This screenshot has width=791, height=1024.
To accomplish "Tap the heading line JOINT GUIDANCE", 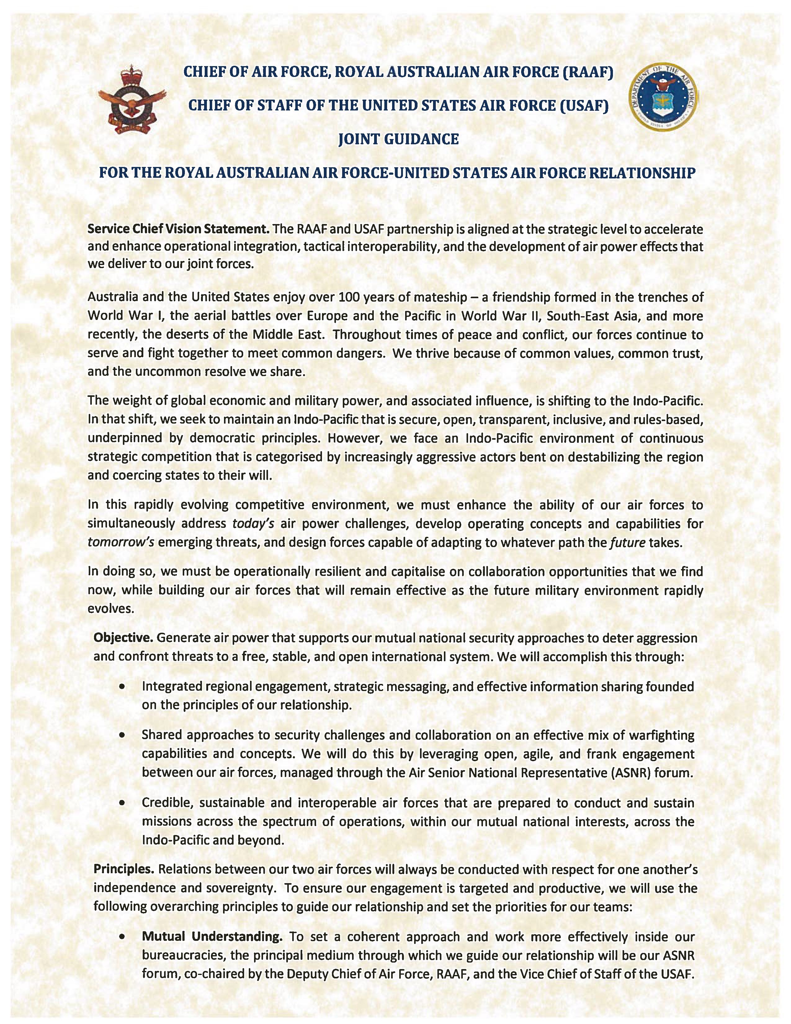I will pos(398,139).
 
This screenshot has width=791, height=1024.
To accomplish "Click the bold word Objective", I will pos(123,638).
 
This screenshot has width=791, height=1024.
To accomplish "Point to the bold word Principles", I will pos(124,869).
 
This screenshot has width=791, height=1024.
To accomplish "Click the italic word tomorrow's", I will pos(121,542).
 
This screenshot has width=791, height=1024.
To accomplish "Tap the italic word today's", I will pos(253,524).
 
